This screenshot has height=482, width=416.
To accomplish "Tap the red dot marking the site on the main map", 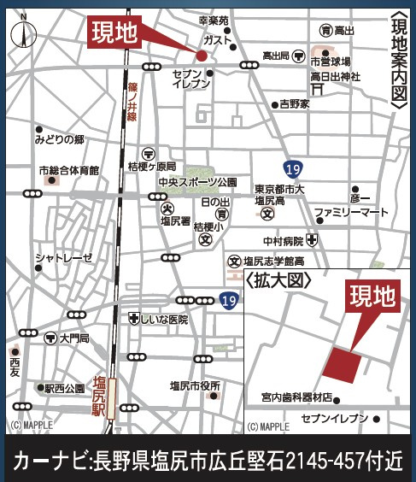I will pyautogui.click(x=202, y=56).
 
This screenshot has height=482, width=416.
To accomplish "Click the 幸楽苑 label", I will pyautogui.click(x=213, y=20).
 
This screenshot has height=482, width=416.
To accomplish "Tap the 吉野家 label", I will pyautogui.click(x=295, y=104).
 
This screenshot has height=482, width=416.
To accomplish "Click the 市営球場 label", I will pyautogui.click(x=331, y=62).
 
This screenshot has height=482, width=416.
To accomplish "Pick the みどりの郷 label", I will pyautogui.click(x=60, y=138).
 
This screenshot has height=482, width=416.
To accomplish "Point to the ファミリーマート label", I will pyautogui.click(x=350, y=211).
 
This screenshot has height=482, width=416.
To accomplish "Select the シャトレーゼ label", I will pyautogui.click(x=62, y=257).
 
